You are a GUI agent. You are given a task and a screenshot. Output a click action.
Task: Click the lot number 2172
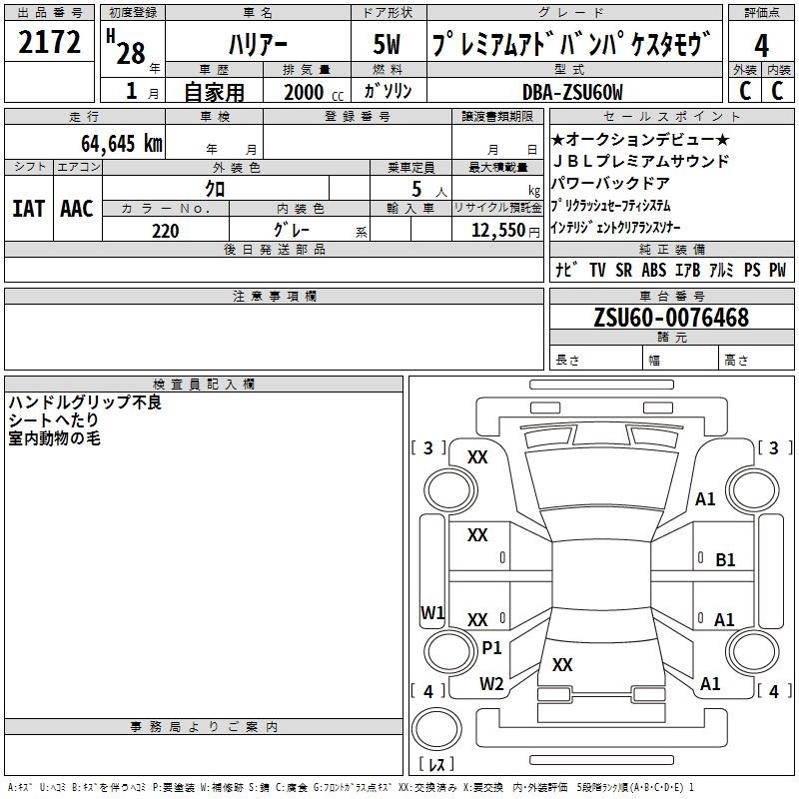point(49,42)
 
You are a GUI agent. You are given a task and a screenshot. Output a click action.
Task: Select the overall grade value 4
point(761,46)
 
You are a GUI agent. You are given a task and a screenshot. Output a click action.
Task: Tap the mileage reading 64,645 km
point(122,143)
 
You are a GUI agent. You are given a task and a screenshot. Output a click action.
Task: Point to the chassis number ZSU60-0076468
point(671,317)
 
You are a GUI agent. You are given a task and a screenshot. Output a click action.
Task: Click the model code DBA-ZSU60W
point(572,92)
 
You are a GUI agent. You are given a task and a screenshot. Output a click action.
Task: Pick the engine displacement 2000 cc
point(314,92)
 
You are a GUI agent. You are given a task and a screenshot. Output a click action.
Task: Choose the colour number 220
point(165,231)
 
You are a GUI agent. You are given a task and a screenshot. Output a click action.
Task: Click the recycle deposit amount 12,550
point(497,231)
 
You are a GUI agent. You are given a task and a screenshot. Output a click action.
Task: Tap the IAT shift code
point(29,209)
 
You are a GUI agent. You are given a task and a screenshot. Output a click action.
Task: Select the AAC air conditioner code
point(77,209)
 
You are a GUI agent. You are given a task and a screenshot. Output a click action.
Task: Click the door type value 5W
point(387,44)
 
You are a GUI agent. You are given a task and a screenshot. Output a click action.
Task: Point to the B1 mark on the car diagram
point(725,560)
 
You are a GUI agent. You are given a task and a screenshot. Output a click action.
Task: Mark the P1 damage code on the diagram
point(491,648)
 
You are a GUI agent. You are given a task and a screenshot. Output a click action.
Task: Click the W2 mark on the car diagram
point(491,684)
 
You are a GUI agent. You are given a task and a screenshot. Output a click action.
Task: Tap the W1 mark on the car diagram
point(432,612)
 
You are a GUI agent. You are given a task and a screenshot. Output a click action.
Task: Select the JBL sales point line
point(641,161)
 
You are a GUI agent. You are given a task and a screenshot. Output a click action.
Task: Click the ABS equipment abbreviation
point(654,270)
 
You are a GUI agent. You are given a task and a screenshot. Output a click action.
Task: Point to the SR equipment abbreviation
point(623,270)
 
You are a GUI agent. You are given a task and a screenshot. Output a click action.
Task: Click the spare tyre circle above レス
point(436,729)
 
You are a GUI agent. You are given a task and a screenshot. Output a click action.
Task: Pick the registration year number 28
point(131,54)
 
